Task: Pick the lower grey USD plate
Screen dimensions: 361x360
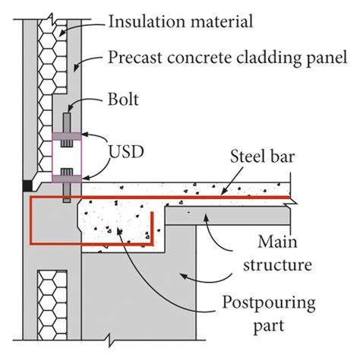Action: pyautogui.click(x=68, y=171)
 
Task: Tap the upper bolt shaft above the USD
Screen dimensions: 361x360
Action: pyautogui.click(x=67, y=123)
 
